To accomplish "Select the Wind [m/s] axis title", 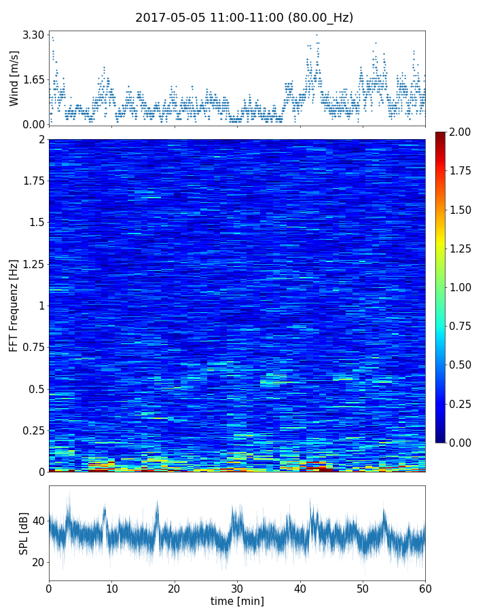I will [14, 79].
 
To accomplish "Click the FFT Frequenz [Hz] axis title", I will [14, 305].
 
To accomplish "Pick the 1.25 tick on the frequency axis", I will [31, 263].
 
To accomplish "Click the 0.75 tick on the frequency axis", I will [31, 347].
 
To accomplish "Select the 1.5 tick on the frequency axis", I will [35, 223].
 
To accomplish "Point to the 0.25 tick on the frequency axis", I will [31, 430].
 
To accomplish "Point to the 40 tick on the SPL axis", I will [38, 521].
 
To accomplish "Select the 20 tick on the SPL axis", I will [38, 562].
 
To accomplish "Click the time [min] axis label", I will [237, 601].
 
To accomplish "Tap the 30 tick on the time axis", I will [237, 587].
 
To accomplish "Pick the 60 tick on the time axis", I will [425, 587].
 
